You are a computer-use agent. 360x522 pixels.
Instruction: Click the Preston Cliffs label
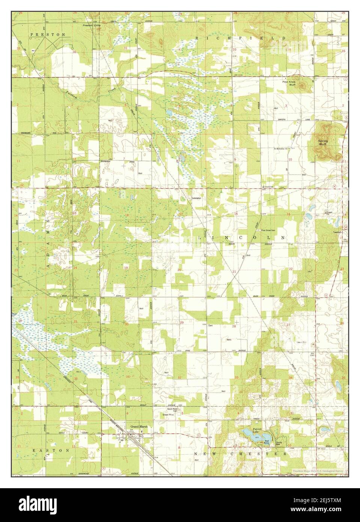coord(90,26)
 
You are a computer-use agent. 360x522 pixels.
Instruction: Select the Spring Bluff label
coord(323,142)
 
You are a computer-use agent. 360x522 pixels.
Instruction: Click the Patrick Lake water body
coord(249,434)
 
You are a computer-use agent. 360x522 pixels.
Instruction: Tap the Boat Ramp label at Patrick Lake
coord(267,442)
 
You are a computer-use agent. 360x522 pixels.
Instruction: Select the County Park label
coord(279,444)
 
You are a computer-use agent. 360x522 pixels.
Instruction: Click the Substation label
coord(196,198)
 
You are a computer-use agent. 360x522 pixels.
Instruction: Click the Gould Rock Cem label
coord(172,410)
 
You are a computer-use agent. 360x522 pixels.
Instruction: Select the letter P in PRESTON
coord(32,34)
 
